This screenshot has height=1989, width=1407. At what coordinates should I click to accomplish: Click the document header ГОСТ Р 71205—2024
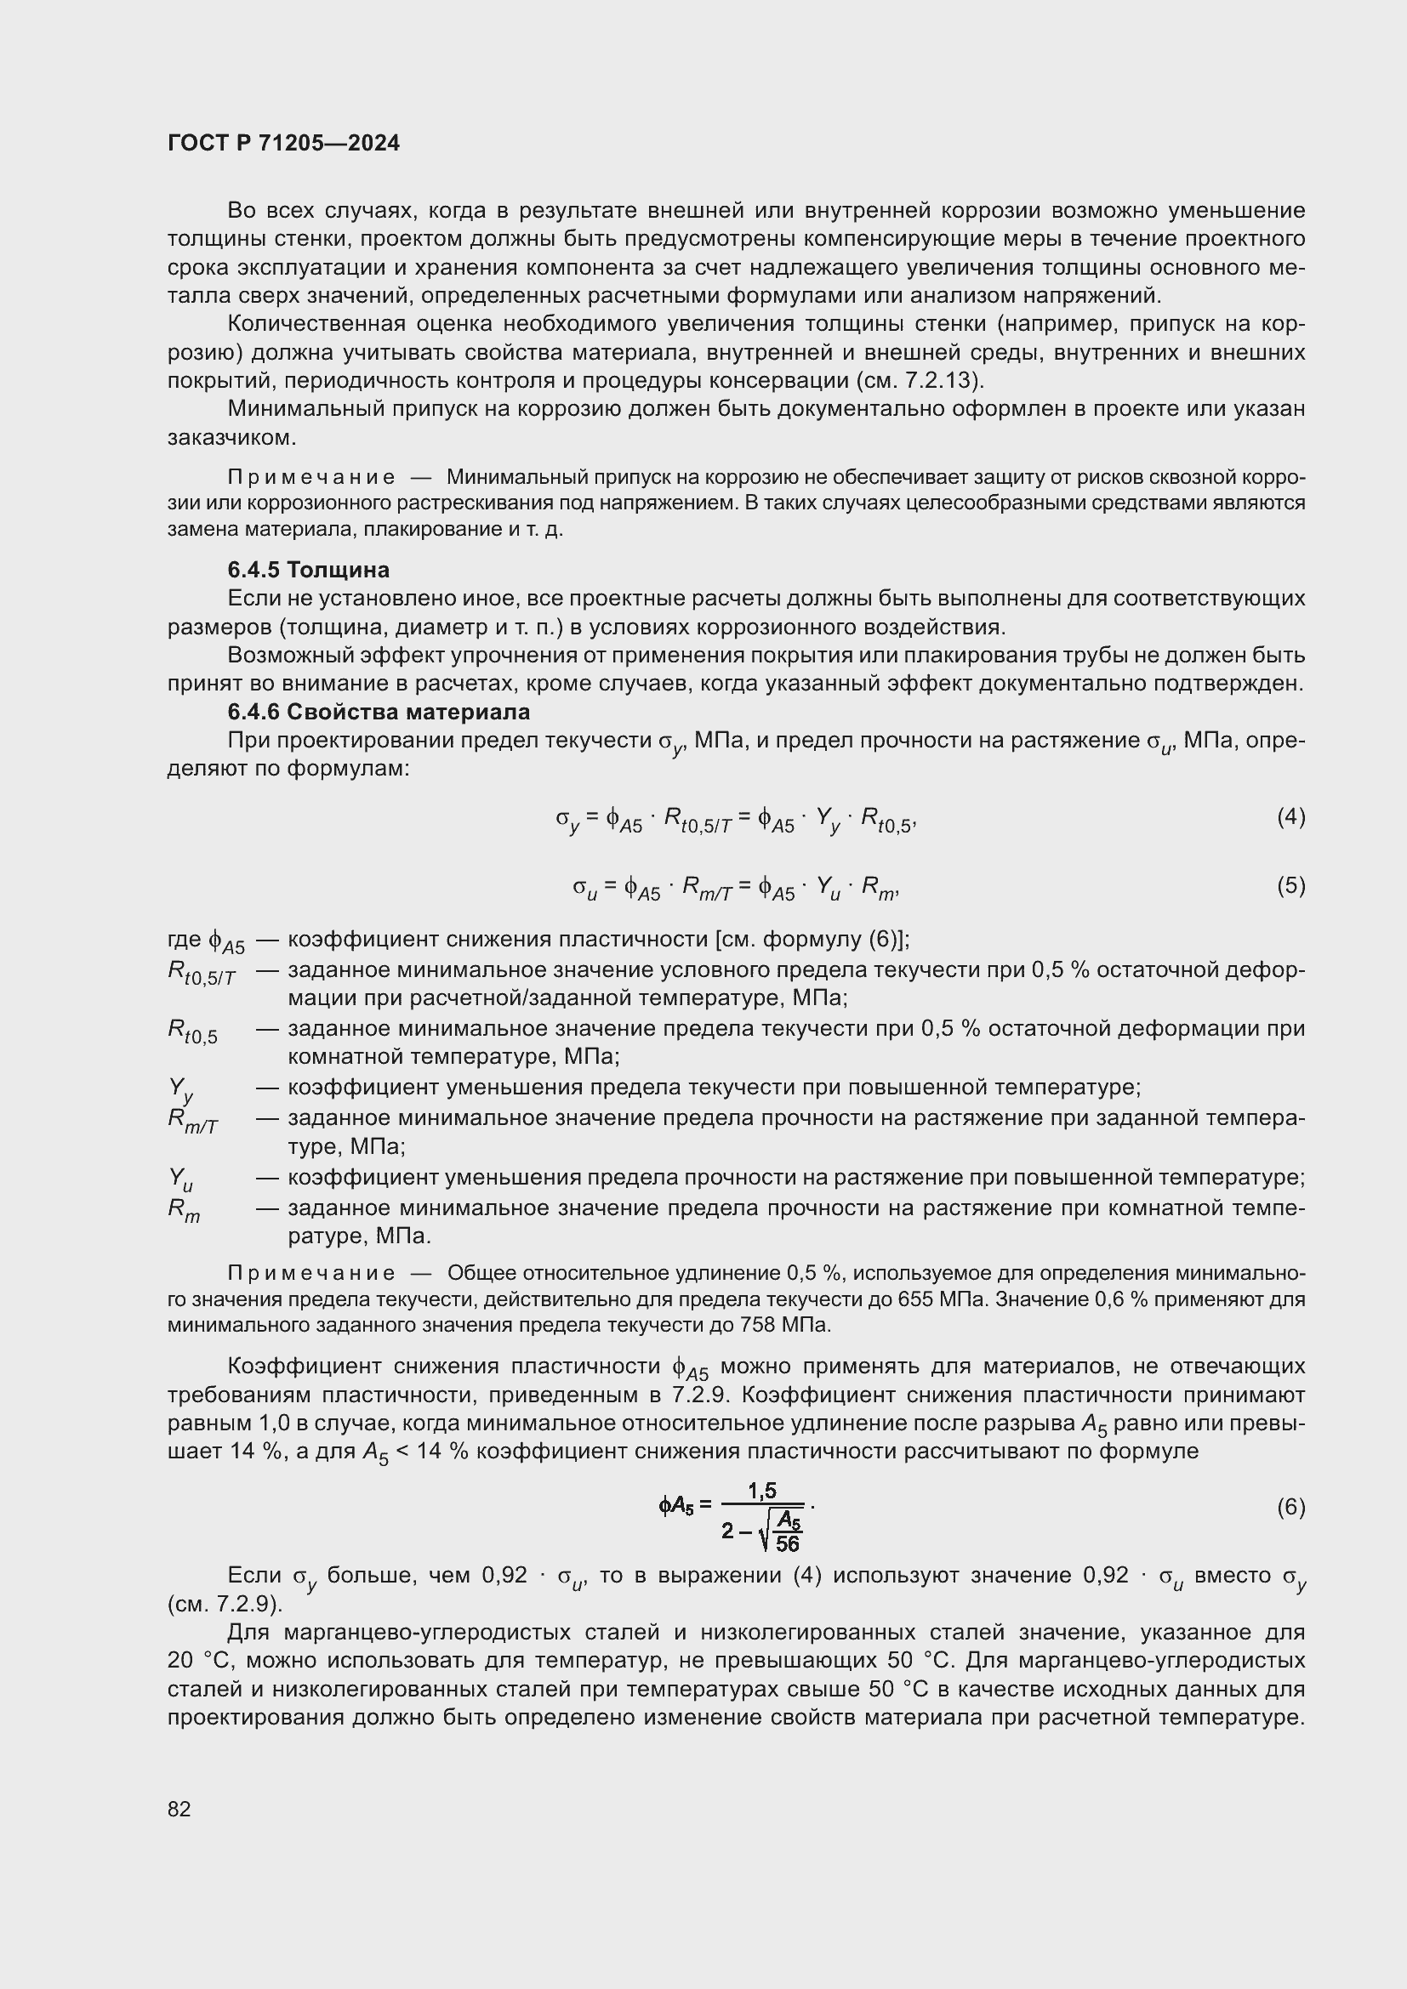coord(283,144)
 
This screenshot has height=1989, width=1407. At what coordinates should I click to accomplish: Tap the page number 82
coord(179,1808)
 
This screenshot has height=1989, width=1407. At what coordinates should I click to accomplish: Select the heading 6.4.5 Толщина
coord(308,570)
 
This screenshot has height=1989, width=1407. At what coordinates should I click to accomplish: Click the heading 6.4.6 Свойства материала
coord(378,712)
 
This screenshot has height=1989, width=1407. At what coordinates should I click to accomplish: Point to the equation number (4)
coord(1290,816)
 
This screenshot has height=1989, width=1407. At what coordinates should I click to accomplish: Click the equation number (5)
coord(1290,885)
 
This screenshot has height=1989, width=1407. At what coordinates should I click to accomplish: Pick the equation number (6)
coord(1290,1508)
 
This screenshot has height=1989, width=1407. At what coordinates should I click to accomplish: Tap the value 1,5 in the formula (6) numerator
coord(761,1490)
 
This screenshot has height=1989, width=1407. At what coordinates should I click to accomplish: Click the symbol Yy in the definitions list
coord(180,1089)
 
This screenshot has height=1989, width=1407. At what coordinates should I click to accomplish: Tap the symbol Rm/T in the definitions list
coord(192,1120)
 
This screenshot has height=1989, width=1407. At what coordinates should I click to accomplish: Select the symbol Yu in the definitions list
coord(180,1179)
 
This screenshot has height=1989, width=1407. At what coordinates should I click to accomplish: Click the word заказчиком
coord(231,437)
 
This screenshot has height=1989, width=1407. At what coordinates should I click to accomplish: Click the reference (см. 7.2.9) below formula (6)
coord(225,1605)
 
